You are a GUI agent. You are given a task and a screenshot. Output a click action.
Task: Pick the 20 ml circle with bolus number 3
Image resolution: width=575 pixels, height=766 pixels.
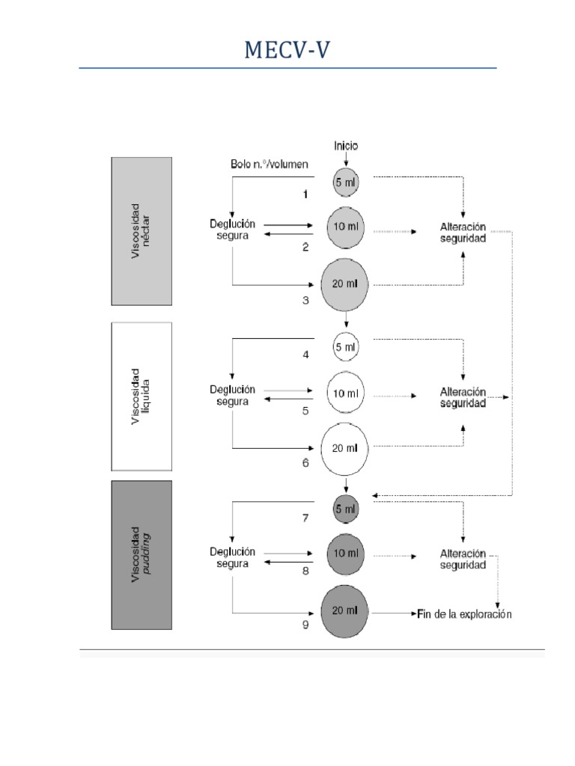click(345, 284)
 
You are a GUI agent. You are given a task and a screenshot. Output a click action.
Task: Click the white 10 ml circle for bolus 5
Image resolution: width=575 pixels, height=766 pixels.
click(345, 391)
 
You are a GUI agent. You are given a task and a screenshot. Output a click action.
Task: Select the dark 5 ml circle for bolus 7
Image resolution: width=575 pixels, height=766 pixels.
click(345, 509)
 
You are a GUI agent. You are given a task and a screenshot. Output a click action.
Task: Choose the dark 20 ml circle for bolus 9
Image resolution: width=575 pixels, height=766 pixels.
click(345, 612)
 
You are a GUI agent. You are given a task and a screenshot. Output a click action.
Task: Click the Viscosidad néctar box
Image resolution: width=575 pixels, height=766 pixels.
click(142, 231)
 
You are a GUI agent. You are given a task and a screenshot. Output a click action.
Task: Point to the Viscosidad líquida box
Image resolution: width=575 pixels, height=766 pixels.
click(142, 396)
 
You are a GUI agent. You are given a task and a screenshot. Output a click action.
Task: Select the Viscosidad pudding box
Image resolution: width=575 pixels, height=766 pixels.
click(142, 555)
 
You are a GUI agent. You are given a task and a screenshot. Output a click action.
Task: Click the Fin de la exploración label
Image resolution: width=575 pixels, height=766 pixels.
click(464, 614)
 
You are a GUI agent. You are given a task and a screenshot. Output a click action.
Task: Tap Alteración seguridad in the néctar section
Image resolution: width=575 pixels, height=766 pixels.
click(463, 233)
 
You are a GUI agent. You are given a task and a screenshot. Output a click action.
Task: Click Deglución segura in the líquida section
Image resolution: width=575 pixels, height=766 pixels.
click(232, 395)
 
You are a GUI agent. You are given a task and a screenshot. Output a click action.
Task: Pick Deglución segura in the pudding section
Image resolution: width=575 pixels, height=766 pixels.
click(232, 557)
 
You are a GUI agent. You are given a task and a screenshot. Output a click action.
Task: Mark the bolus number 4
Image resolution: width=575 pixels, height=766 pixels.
click(305, 355)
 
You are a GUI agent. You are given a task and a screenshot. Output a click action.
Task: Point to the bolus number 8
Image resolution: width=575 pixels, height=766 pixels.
click(305, 571)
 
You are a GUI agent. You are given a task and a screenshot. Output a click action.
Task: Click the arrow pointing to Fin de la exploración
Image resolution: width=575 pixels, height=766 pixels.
click(393, 613)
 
